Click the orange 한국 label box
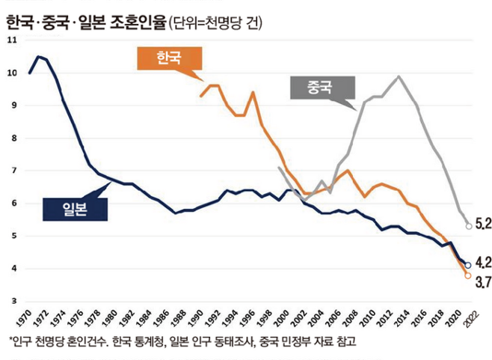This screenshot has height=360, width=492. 168,58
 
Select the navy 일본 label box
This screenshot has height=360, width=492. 75,209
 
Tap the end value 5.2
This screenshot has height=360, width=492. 483,223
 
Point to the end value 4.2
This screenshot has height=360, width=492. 483,263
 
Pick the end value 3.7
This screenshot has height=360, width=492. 483,282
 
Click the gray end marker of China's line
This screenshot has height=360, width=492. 469,226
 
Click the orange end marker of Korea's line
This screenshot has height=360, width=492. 468,275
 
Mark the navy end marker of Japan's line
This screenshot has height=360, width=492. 468,265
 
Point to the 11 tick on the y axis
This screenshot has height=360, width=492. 10,40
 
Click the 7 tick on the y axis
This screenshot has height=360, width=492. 11,171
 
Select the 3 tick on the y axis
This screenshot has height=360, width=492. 11,301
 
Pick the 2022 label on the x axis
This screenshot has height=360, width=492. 467,319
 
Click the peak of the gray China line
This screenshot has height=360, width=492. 399,76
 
